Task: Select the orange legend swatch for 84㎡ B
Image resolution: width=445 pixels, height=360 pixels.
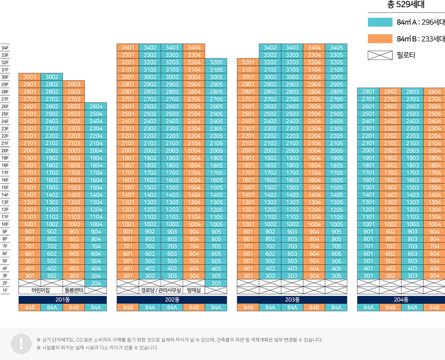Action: tap(380, 39)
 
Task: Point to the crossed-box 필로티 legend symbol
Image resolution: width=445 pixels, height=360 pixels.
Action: tap(380, 55)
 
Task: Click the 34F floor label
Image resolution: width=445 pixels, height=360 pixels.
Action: tap(5, 48)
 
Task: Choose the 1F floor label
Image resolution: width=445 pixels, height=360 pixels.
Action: tap(5, 290)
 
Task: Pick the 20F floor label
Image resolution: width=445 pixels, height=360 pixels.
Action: tap(5, 151)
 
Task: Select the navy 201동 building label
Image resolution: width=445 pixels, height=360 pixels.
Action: tap(63, 300)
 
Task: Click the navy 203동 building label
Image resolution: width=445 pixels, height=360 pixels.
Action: tap(292, 300)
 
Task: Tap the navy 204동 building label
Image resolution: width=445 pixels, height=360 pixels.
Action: tap(401, 300)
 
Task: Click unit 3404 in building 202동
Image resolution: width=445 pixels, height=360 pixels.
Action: tap(194, 48)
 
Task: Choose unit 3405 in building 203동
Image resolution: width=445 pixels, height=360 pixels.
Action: tap(336, 48)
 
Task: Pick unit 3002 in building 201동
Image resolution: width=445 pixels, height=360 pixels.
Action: tap(52, 77)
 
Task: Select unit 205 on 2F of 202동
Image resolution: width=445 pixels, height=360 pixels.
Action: tap(216, 283)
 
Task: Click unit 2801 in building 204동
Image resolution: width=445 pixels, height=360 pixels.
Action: tap(368, 92)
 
